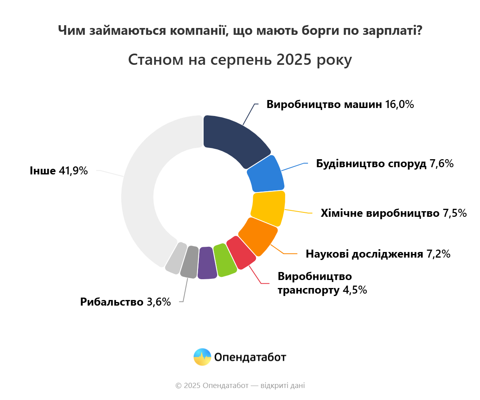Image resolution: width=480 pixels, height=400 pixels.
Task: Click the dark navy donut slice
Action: (232, 140)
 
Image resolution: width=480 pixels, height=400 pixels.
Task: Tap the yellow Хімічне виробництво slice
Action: (268, 208)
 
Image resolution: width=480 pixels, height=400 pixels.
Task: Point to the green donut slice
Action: (224, 260)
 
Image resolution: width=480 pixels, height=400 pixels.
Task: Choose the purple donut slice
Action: (207, 263)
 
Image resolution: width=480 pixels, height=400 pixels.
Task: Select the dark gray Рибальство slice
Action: (190, 262)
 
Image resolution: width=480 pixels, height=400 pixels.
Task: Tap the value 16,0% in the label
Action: (399, 105)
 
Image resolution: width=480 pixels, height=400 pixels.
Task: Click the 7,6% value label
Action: (441, 164)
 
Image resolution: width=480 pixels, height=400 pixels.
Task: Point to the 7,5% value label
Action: (454, 213)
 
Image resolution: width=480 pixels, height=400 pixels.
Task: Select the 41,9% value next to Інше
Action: (73, 171)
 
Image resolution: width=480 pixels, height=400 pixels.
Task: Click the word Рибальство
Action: (112, 302)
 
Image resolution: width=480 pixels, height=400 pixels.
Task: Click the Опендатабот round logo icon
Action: (202, 357)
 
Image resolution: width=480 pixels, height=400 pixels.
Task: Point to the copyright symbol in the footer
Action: (178, 386)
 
